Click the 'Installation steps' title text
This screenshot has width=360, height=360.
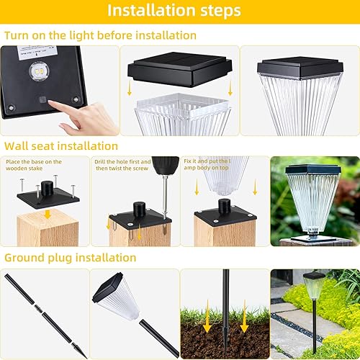coord(179,12)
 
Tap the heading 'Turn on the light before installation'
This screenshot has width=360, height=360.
coord(101,35)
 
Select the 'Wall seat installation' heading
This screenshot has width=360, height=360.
coord(66,146)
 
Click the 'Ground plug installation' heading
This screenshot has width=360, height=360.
coord(70,257)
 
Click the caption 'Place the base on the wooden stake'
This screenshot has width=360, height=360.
coord(34,166)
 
